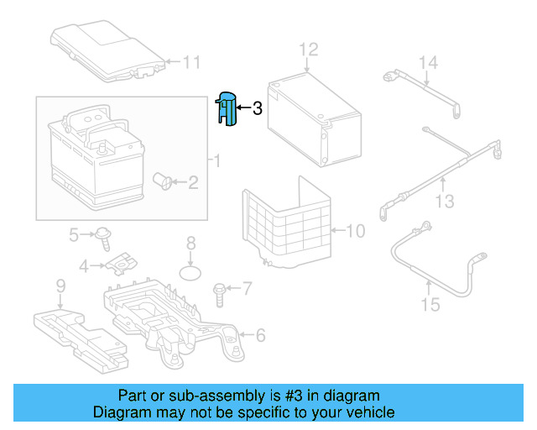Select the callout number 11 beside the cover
[192, 61]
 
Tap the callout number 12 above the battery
[309, 49]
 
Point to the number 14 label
[428, 62]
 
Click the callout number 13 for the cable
[444, 201]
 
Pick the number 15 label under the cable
[430, 304]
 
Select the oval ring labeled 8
[192, 272]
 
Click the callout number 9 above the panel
[60, 287]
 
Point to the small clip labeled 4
[120, 265]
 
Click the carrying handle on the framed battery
[88, 118]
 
